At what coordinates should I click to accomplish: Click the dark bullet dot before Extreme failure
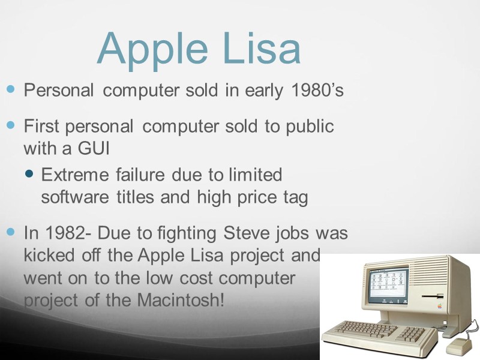(x=31, y=175)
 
